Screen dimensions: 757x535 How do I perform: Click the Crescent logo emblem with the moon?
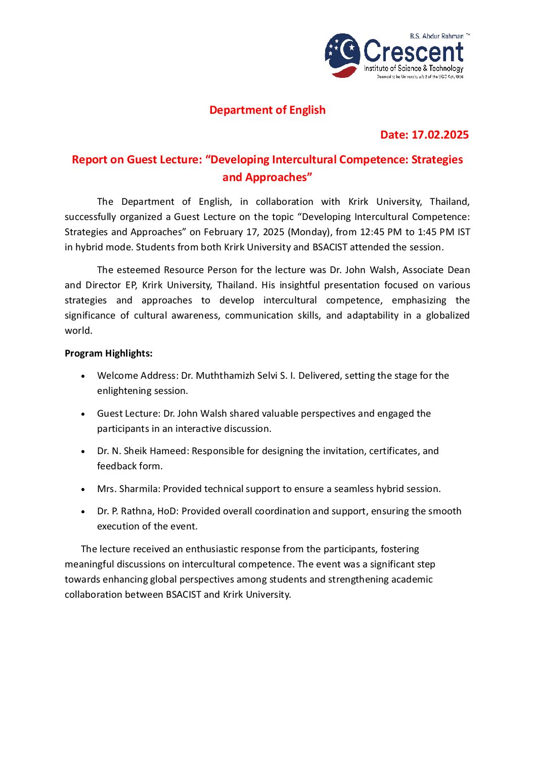[342, 55]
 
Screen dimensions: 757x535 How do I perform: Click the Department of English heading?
[267, 110]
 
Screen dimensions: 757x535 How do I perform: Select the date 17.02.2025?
[440, 135]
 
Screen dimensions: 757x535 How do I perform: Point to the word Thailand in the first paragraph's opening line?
[449, 202]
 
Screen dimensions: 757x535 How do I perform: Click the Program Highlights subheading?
[109, 353]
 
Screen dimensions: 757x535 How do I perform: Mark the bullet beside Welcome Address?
[83, 376]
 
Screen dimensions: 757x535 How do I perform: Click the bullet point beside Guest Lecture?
[83, 414]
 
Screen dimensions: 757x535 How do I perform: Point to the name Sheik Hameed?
[155, 451]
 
